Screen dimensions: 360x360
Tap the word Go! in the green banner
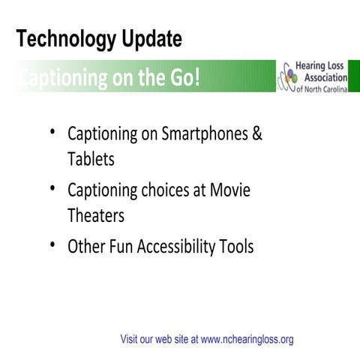(183, 78)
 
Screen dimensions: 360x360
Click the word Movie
(229, 190)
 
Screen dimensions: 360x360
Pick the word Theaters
(96, 216)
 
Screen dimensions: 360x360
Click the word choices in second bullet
(165, 190)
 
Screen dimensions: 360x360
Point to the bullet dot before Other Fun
(54, 244)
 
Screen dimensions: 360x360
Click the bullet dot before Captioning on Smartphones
(54, 133)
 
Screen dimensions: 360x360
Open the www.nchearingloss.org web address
(247, 339)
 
